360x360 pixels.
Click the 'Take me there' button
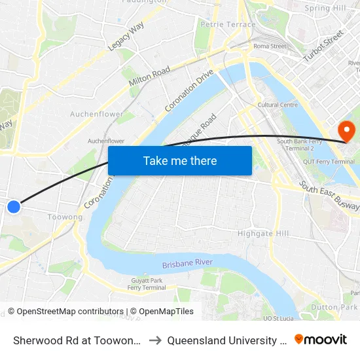(x=180, y=160)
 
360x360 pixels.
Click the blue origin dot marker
(x=14, y=207)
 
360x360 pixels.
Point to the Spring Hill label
(x=325, y=9)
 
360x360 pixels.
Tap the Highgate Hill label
(x=263, y=233)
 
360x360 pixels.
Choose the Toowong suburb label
(x=65, y=217)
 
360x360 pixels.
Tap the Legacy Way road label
(x=126, y=36)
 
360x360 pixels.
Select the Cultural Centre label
(x=278, y=105)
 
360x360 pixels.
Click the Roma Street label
(x=270, y=46)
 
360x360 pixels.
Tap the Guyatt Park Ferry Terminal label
(x=147, y=284)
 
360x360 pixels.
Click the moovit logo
(x=321, y=340)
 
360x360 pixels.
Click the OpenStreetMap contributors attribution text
(x=65, y=312)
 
